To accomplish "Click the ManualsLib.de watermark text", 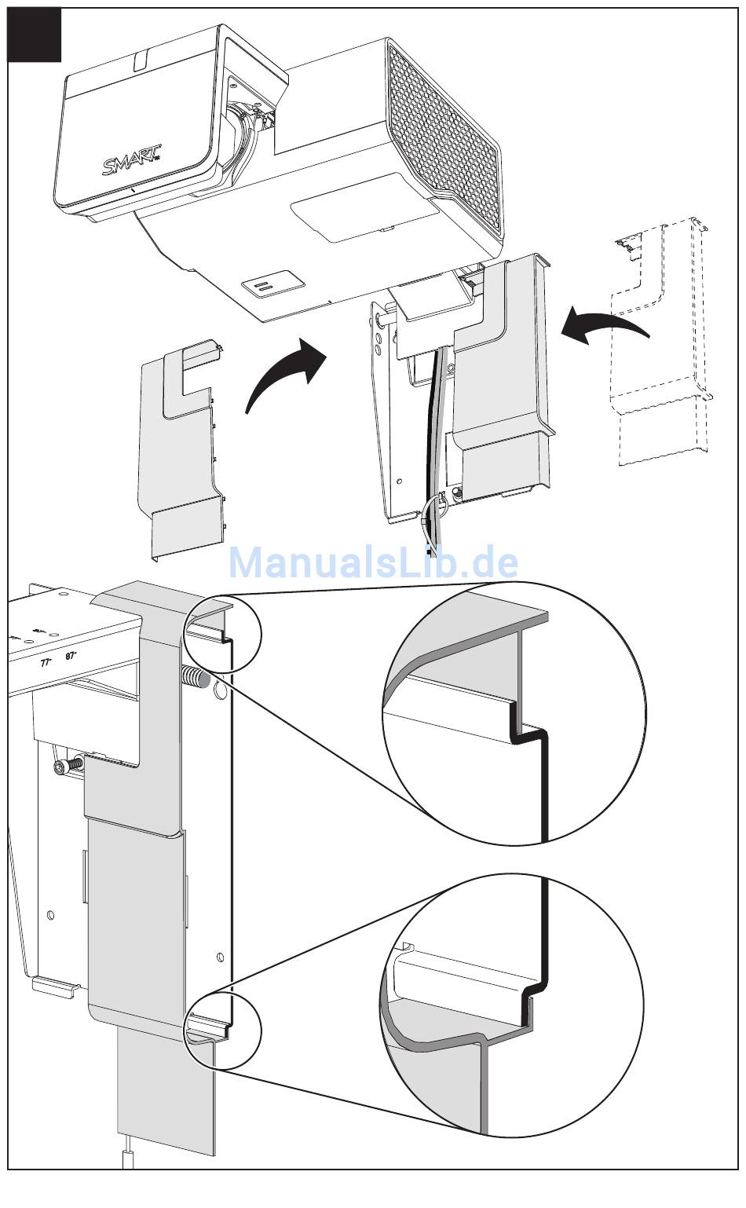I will [x=373, y=562].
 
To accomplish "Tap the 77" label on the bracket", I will [x=46, y=662].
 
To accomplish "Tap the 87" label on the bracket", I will [x=71, y=656].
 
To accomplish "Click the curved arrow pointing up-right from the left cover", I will [x=287, y=373].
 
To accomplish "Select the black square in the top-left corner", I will [x=34, y=35].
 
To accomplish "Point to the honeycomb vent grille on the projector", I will [x=444, y=130].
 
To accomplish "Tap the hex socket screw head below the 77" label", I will [x=62, y=767].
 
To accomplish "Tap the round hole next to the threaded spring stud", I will [x=221, y=690].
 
